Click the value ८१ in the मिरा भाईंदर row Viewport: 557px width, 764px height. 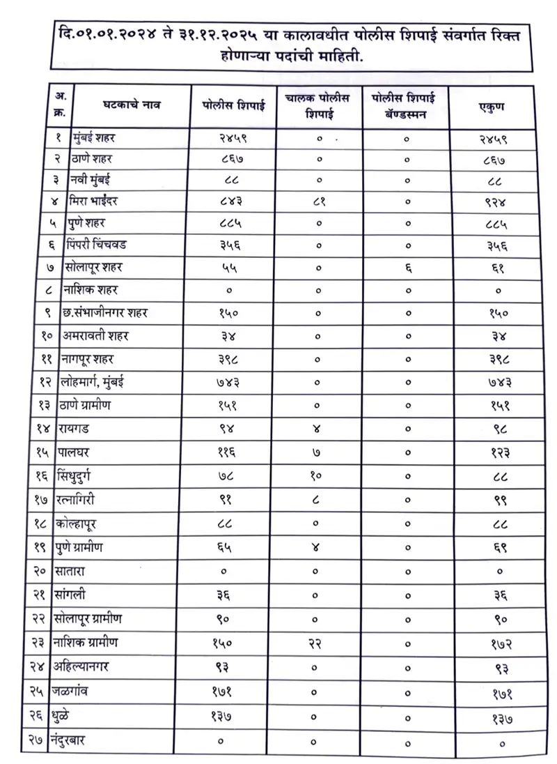coord(319,204)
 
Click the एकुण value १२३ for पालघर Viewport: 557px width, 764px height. coord(493,454)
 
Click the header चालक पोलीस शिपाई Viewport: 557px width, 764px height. coord(319,106)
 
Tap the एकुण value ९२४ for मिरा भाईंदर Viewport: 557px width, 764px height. coord(493,204)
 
